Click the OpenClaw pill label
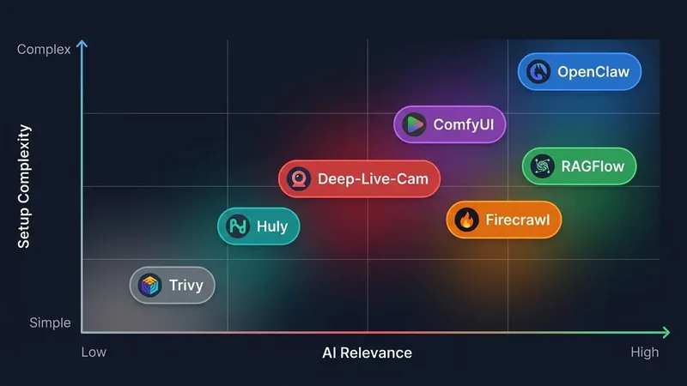[579, 72]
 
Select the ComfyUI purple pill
[449, 124]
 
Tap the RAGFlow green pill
[579, 166]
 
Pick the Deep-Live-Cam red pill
[359, 178]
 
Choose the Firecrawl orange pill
[504, 220]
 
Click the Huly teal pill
[258, 226]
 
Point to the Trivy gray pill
[173, 286]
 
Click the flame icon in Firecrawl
[466, 220]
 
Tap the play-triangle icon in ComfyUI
[414, 124]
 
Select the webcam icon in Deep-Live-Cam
[299, 178]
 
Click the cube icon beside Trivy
[149, 286]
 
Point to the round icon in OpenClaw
[538, 72]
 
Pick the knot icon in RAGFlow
[542, 166]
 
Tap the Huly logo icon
[238, 226]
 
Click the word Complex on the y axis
[44, 50]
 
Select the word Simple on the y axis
[50, 323]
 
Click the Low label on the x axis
[94, 353]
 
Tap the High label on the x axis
[645, 353]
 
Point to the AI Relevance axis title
[368, 353]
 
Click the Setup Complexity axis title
[24, 186]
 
